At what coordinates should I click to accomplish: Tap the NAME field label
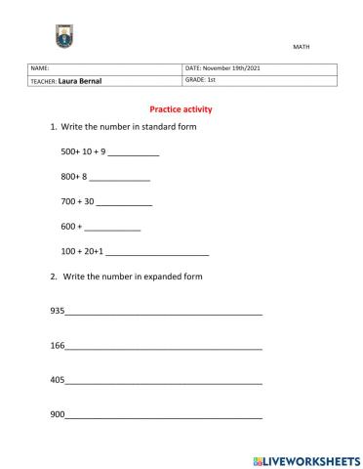(40, 68)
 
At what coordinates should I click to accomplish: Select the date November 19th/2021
(233, 68)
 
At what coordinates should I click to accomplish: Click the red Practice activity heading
(181, 109)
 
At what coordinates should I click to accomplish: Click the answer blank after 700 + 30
(125, 201)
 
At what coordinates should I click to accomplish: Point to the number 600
(68, 226)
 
